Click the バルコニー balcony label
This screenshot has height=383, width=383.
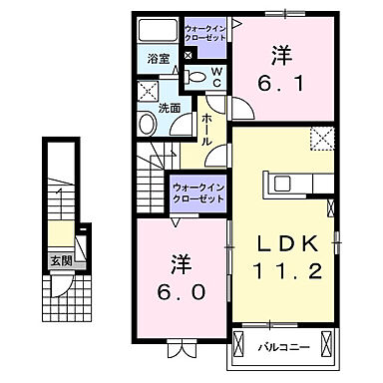point(285,346)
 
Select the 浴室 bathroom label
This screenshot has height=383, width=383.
point(159,60)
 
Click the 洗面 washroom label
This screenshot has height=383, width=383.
point(168,107)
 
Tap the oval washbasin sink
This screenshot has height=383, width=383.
point(148,123)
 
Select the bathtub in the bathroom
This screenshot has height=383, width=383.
point(158,29)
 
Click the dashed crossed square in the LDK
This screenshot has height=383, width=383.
point(321,138)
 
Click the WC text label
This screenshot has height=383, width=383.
point(217,77)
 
